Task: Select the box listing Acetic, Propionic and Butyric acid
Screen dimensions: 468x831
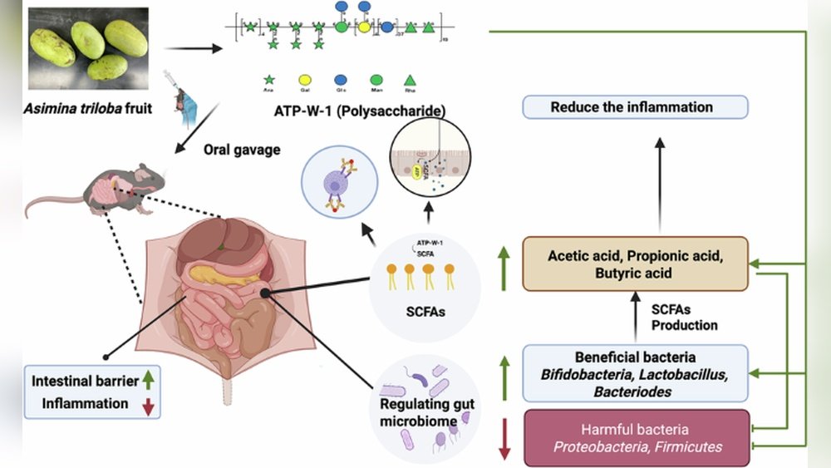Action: coord(636,264)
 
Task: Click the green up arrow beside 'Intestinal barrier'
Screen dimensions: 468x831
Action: coord(149,381)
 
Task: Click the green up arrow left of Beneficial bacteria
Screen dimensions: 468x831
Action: coord(504,371)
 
